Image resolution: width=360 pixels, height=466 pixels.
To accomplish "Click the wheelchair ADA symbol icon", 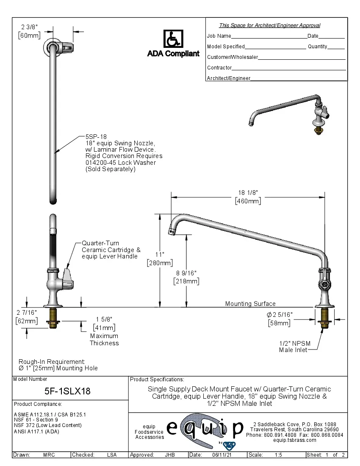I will [x=173, y=39].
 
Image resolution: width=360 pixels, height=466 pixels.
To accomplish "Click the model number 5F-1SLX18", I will [x=68, y=391].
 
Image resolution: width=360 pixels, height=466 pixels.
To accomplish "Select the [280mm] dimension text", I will [x=159, y=263].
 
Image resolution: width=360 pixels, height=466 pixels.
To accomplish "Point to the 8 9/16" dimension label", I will [x=186, y=273].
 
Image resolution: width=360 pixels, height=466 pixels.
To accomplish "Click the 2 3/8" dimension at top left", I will [x=29, y=27].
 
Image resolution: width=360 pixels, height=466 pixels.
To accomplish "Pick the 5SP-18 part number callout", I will [x=96, y=137].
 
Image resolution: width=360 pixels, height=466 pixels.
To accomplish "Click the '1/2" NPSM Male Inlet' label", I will [x=293, y=347].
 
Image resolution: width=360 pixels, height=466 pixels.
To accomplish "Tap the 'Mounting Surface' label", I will [x=250, y=303].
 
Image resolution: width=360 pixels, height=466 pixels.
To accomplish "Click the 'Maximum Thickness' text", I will [x=104, y=339].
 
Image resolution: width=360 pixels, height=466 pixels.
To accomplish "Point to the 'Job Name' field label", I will [x=219, y=36].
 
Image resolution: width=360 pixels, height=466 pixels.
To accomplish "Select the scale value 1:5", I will [x=279, y=455].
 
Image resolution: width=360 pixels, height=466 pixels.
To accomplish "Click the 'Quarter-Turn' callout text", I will [x=100, y=244].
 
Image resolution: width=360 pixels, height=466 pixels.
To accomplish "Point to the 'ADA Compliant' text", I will [x=173, y=54].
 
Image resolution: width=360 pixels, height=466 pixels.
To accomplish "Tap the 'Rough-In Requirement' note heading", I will [x=52, y=361].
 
